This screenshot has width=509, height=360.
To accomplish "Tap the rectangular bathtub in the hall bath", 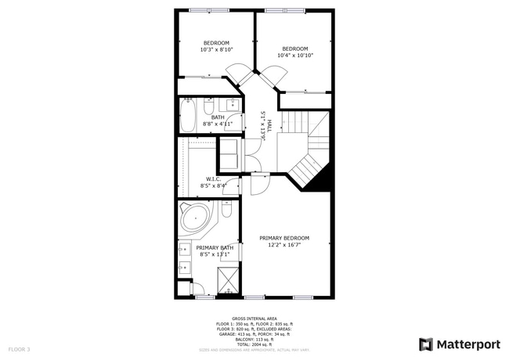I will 188,115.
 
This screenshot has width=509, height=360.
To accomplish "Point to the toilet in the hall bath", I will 209,106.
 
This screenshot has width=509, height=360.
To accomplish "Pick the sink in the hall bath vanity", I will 233,105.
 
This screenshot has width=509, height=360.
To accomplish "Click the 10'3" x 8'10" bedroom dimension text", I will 216,49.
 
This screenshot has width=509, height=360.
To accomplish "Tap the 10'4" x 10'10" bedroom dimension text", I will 294,56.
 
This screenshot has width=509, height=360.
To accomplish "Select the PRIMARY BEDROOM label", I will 285,238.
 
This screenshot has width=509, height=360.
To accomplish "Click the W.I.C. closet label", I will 212,179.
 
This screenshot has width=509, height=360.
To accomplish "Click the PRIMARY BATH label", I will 215,247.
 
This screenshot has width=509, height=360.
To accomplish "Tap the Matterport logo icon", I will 426,344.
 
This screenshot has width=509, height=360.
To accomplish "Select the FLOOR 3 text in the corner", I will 20,348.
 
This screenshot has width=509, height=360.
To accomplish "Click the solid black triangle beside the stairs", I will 319,181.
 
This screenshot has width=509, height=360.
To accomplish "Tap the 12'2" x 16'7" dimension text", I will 285,245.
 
